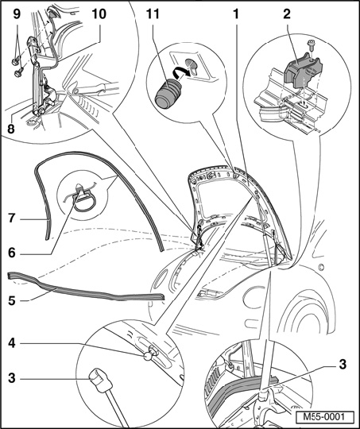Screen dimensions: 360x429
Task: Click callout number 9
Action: point(17,14)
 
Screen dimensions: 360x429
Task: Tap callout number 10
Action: point(99,14)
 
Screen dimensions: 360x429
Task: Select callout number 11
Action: point(153,14)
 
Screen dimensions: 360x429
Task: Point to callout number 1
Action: point(235,14)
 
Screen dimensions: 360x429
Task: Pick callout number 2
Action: point(287,14)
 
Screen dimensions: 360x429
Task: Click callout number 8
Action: point(11,129)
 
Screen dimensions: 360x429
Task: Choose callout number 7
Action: point(11,218)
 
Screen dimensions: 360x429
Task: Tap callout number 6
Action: point(11,253)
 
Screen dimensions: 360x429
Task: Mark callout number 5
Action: point(11,300)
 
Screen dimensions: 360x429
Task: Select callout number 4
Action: point(11,343)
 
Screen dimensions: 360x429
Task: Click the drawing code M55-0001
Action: point(324,417)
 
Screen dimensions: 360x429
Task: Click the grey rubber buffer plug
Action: point(167,95)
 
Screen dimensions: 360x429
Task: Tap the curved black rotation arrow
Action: point(180,74)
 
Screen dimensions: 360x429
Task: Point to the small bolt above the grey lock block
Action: point(311,44)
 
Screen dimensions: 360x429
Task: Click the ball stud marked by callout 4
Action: point(149,356)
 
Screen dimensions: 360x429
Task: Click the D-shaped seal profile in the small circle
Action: point(83,202)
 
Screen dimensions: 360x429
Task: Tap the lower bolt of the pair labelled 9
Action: point(19,72)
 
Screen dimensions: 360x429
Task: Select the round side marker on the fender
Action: point(322,266)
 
